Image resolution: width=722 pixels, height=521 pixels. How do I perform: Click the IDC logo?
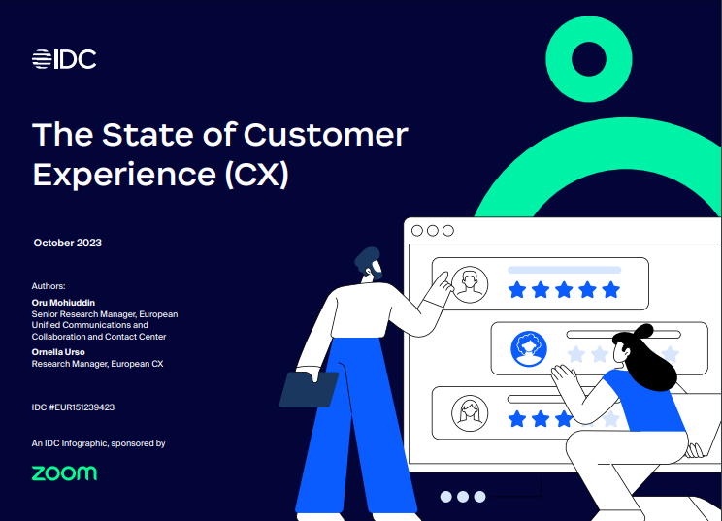[64, 59]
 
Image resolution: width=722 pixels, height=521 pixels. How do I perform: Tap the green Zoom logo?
[64, 473]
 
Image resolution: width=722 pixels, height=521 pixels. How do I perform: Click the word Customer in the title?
[325, 135]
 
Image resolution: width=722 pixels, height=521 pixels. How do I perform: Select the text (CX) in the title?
[257, 175]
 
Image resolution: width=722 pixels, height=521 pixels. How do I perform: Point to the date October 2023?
[68, 243]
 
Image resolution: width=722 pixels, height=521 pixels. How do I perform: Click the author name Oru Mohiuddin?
[63, 303]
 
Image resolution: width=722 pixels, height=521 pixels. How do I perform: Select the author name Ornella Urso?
[58, 352]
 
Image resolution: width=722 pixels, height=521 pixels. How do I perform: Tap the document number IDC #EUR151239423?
[73, 407]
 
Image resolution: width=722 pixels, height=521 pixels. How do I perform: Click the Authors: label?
[49, 286]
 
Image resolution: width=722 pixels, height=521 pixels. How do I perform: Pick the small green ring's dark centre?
[589, 59]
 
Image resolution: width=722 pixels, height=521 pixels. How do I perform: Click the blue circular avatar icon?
[529, 348]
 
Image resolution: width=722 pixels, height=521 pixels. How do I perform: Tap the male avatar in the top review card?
[470, 284]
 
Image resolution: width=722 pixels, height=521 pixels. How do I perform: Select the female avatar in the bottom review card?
[470, 413]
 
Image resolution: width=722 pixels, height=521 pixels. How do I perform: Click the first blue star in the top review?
[517, 290]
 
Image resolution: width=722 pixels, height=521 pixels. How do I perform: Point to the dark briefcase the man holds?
[309, 389]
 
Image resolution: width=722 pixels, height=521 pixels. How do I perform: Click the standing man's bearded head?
[369, 264]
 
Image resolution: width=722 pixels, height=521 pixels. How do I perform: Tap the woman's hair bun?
[642, 331]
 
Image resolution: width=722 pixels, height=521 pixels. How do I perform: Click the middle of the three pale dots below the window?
[463, 497]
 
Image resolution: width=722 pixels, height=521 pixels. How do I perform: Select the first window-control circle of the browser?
[417, 231]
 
